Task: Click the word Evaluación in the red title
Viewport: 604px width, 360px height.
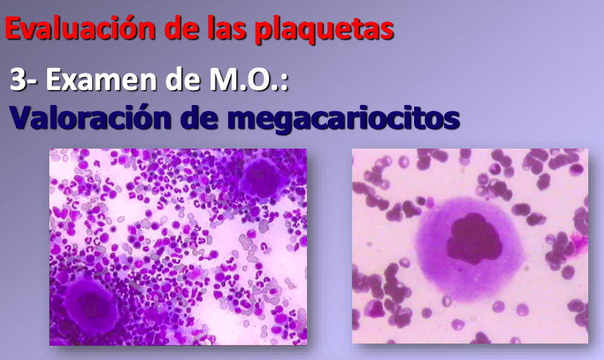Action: (80, 29)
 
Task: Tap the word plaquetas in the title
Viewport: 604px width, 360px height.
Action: (324, 30)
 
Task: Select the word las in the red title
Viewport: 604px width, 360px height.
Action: (226, 28)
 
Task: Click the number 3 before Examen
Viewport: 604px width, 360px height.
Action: (17, 79)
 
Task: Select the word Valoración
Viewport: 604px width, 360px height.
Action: (91, 117)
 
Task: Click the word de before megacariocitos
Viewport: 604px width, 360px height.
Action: (199, 117)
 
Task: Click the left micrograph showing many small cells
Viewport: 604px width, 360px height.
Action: (178, 246)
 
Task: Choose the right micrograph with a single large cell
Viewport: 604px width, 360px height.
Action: (470, 246)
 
